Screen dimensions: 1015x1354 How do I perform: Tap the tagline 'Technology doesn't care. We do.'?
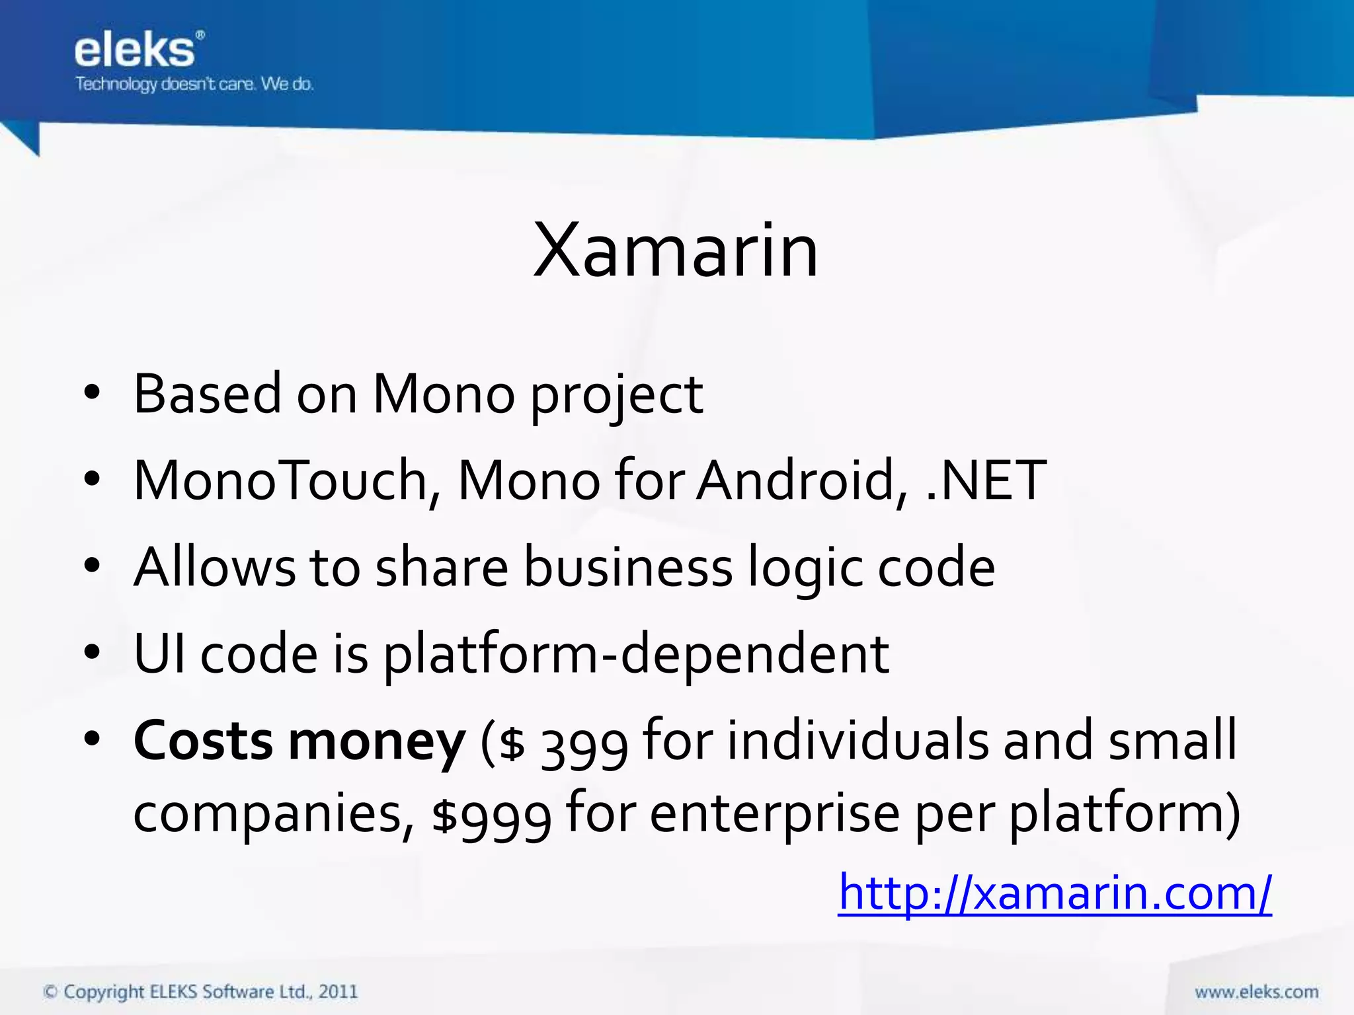click(194, 84)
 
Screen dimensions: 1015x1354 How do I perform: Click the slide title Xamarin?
click(676, 251)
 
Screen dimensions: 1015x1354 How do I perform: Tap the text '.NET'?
click(986, 480)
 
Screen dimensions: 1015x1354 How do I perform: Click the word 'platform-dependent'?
click(636, 654)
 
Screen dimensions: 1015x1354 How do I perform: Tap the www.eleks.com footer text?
click(1256, 992)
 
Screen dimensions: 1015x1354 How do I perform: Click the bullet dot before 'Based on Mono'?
click(92, 393)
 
